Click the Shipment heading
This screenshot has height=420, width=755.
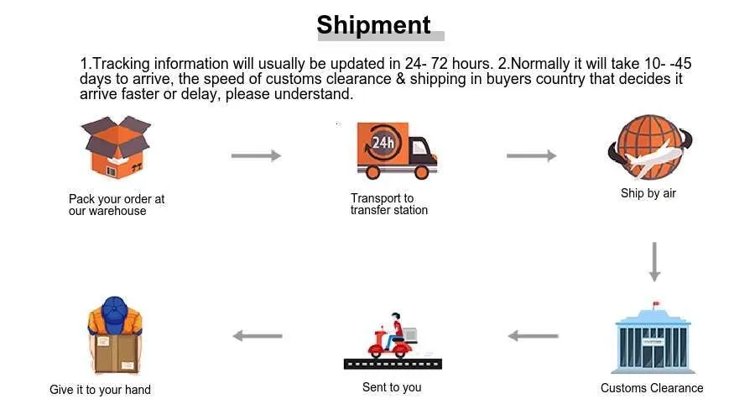pos(374,24)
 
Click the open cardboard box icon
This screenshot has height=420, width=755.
pos(115,150)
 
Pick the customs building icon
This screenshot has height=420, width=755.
pos(652,339)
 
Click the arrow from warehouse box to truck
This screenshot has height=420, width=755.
pos(256,155)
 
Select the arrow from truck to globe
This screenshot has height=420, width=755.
pos(531,155)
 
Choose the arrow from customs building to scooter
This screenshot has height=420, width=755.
pos(533,336)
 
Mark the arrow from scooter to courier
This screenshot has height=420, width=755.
pos(258,336)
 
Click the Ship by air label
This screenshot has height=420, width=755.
pos(648,193)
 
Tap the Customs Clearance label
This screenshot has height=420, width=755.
pos(652,388)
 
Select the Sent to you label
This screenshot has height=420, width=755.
pos(392,387)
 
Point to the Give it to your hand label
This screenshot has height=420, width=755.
pos(100,390)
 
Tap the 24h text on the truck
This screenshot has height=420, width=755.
pos(383,142)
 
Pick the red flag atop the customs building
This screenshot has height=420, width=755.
pos(657,303)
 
